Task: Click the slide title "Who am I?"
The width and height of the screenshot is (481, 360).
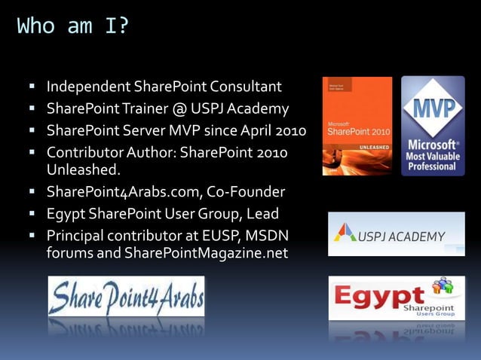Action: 73,26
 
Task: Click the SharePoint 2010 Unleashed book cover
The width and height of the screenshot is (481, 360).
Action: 357,126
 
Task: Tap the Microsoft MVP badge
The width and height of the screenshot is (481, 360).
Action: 433,126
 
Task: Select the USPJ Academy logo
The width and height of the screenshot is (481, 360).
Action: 396,234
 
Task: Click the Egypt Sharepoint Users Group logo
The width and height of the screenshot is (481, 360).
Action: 396,298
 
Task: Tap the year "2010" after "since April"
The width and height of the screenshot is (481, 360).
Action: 290,131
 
